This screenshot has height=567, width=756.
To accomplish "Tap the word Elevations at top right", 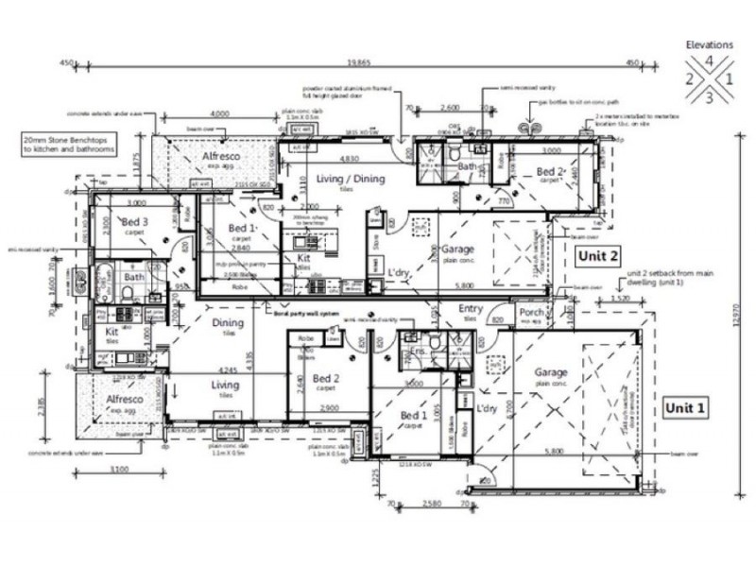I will tap(710, 43).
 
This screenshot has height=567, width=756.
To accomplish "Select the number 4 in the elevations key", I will tap(709, 63).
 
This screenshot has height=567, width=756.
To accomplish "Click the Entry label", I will tap(471, 309).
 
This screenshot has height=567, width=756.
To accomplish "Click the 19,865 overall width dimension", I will tap(357, 63).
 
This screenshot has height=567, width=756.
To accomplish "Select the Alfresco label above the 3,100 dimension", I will tap(123, 400).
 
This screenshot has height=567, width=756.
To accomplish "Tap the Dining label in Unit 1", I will tap(227, 323).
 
